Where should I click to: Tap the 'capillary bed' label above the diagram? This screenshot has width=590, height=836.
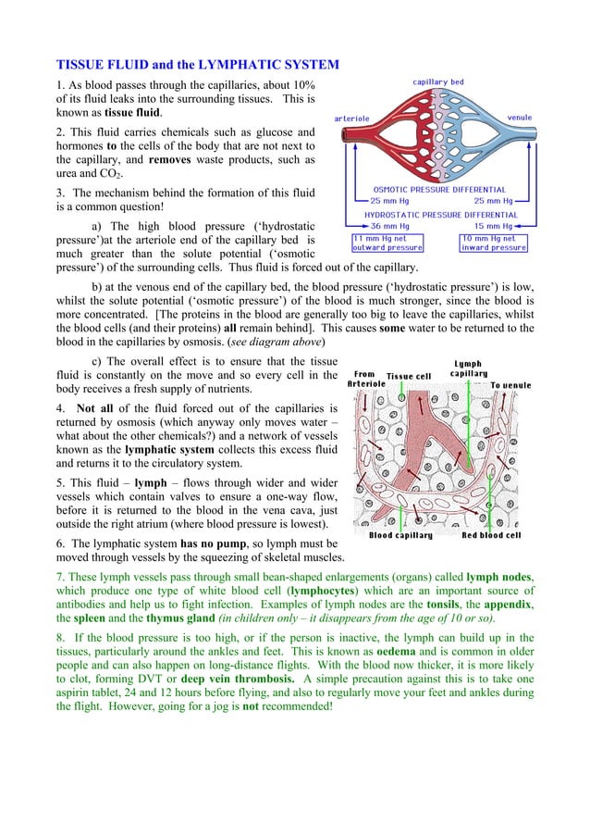[437, 82]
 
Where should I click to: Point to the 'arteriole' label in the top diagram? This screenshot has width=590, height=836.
[352, 119]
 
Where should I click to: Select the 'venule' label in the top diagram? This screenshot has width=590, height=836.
[519, 119]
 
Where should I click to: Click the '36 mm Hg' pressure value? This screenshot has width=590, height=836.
[389, 226]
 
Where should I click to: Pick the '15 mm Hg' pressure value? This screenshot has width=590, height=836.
[493, 226]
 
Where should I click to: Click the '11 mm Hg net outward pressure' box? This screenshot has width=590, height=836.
[387, 243]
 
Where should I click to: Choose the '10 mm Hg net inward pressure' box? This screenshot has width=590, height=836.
[494, 243]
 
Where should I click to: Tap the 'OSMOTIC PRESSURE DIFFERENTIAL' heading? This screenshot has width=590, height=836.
[438, 190]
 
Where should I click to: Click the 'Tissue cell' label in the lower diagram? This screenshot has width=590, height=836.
[409, 376]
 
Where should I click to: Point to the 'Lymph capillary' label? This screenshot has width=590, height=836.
[468, 368]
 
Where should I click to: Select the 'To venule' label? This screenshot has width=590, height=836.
[510, 384]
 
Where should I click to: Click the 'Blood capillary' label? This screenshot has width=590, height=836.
[400, 535]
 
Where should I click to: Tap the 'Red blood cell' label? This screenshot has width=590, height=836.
[491, 535]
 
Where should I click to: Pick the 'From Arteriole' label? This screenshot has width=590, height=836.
[364, 380]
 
